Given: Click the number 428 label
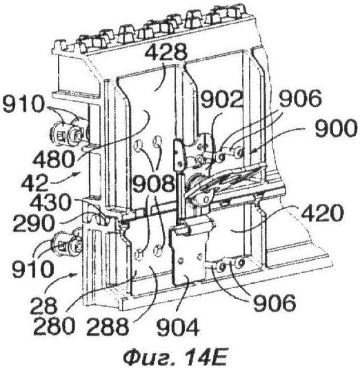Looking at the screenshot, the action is coord(166,52).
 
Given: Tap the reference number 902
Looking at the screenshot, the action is coord(221,99).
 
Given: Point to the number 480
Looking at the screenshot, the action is coord(54,159).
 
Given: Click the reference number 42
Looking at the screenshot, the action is coord(34,183).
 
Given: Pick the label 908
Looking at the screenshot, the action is coord(154,183).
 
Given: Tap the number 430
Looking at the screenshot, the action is coord(50,202).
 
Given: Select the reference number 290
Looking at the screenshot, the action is coord(34,223).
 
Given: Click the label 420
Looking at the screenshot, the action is coord(323,213).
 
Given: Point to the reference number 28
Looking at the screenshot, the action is coord(44,305).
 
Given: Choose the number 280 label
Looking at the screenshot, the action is coord(54,326).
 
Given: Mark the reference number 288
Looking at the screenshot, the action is coord(108,326).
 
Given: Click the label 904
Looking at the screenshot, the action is coord(178,327).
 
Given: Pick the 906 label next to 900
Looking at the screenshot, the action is coord(301,99).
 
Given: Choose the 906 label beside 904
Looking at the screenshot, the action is coord(274,303).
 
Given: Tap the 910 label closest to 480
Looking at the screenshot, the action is coord(23,104).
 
